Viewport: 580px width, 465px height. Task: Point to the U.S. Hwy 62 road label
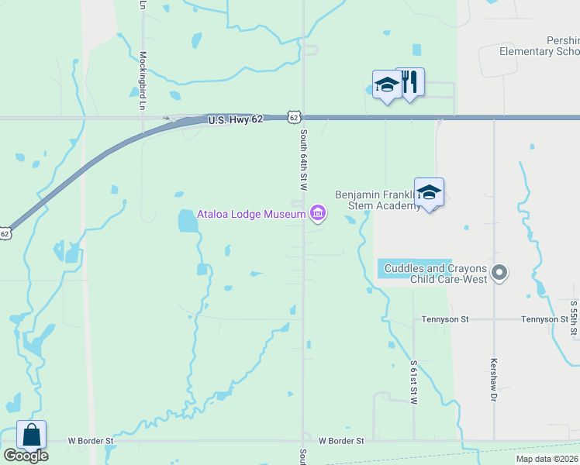(236, 119)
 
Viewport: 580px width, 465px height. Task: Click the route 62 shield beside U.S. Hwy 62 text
(292, 117)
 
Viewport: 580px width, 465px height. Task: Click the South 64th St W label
(304, 160)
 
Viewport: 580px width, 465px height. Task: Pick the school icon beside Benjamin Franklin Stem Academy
(429, 193)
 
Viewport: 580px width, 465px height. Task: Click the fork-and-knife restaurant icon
(410, 81)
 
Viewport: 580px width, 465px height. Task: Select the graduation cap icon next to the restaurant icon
(386, 84)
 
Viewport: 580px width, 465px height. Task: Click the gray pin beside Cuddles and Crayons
(500, 272)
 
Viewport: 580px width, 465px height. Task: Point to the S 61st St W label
(414, 383)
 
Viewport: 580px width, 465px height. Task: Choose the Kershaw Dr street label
(493, 380)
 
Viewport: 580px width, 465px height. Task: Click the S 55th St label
(574, 318)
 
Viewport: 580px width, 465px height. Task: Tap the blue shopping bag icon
(31, 435)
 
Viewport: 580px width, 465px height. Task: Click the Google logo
(26, 456)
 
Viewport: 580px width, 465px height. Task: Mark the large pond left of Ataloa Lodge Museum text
(187, 222)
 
